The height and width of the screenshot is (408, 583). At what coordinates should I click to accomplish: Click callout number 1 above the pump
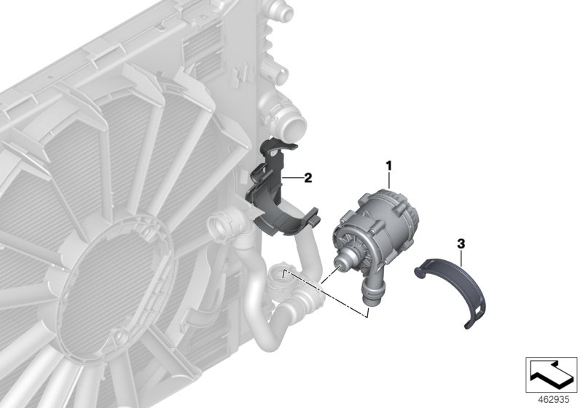pos(389,167)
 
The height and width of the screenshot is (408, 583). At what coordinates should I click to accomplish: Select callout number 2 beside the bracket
pos(308,177)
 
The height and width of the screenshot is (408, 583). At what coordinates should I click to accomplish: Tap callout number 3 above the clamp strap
pos(461,240)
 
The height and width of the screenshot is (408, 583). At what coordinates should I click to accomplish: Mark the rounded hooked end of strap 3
pos(420,272)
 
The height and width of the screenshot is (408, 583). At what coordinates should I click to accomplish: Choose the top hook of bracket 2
pos(276,144)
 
